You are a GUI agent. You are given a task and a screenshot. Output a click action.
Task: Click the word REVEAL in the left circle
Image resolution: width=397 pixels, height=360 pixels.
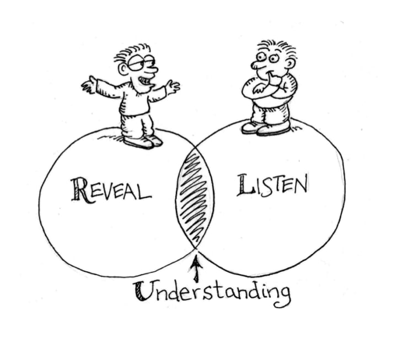tap(110, 190)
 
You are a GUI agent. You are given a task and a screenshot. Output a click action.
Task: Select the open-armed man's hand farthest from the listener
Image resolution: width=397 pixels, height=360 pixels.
tap(88, 85)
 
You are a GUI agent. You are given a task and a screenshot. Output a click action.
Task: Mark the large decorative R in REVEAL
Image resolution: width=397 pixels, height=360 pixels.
tap(79, 190)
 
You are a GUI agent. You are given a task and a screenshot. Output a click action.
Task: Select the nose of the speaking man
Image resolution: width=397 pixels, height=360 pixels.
tap(151, 71)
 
